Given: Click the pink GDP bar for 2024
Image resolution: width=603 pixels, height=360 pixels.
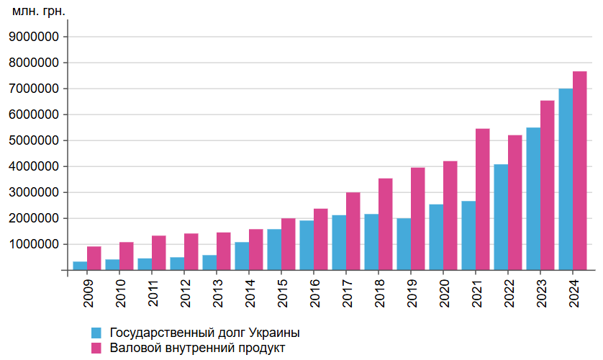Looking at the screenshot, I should click(x=580, y=171).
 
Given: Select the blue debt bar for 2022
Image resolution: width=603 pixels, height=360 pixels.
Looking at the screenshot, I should click(x=501, y=217).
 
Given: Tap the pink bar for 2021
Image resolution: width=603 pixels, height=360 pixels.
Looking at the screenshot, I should click(x=483, y=199).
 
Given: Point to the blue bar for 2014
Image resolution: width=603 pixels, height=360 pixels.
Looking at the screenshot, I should click(x=242, y=256).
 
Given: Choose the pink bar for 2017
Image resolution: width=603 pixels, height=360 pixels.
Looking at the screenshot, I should click(x=353, y=231).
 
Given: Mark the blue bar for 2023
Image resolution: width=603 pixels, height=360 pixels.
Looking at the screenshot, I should click(x=533, y=199).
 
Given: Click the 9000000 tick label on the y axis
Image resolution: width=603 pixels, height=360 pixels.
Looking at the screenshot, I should click(x=35, y=37).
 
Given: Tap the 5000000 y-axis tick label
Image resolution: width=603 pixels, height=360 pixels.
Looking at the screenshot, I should click(x=35, y=140).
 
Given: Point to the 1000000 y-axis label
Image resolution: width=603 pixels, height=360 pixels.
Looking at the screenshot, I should click(x=35, y=244).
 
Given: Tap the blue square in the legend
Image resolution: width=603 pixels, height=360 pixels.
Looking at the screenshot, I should click(x=96, y=333).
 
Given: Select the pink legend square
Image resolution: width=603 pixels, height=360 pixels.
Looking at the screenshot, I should click(x=96, y=348).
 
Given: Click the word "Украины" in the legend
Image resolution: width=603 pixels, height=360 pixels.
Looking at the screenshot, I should click(x=273, y=333).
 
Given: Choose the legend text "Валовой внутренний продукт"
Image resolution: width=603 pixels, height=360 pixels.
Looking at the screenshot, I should click(x=197, y=348).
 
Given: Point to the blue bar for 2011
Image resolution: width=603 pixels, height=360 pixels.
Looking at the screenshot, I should click(x=145, y=264).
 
